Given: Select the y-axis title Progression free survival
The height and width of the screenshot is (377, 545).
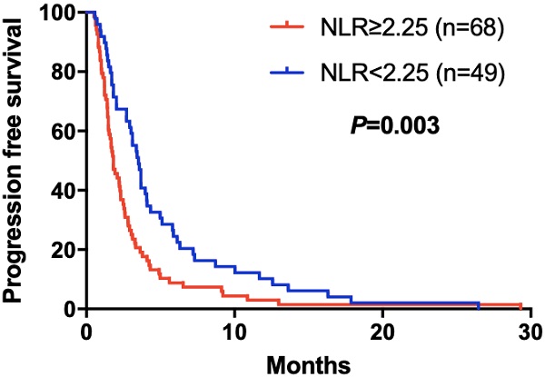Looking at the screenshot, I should click(15, 161).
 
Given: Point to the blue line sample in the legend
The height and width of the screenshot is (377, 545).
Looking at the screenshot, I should click(292, 72).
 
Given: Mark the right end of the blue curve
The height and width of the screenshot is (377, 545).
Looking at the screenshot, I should click(478, 303).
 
